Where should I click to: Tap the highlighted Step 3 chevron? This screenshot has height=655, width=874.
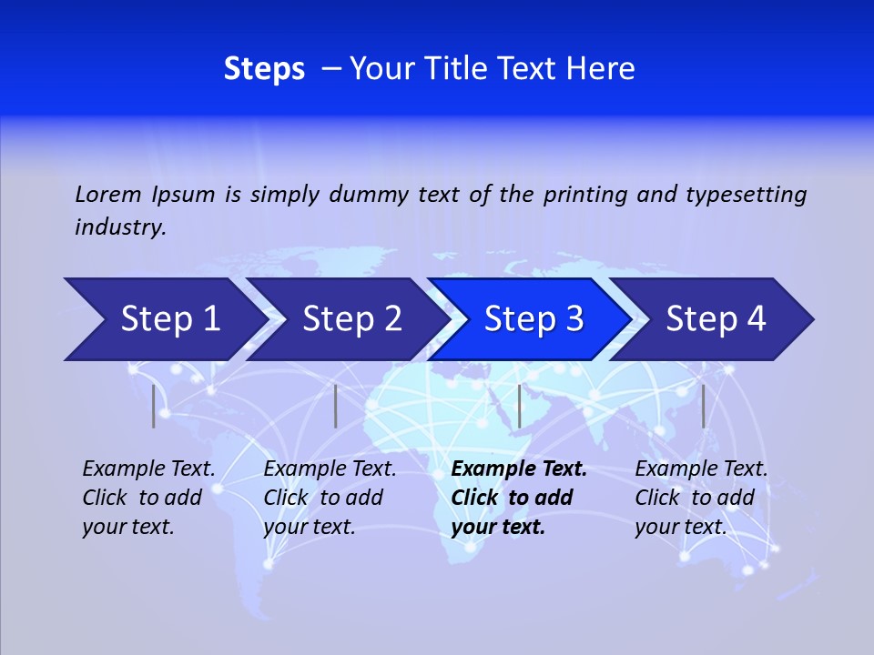pos(534,319)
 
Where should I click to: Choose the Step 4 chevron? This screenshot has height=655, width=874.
pos(716,319)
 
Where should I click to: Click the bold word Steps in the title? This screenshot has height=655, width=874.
pos(264,69)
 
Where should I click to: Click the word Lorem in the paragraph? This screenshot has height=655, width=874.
pos(107,194)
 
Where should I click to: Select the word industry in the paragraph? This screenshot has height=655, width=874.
pos(120,227)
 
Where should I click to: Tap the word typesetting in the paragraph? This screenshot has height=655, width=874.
pos(746,194)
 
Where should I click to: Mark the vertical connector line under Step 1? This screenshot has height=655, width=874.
pos(154,406)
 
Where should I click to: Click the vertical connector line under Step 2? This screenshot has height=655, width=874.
pos(336,406)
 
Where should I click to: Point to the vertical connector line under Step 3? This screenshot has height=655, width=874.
pos(520,406)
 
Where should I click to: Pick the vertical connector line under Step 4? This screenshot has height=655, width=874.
pos(704,406)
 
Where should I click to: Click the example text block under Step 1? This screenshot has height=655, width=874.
pos(148,498)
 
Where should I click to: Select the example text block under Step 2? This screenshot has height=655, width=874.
pos(330,498)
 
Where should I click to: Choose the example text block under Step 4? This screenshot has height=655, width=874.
pos(701,498)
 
